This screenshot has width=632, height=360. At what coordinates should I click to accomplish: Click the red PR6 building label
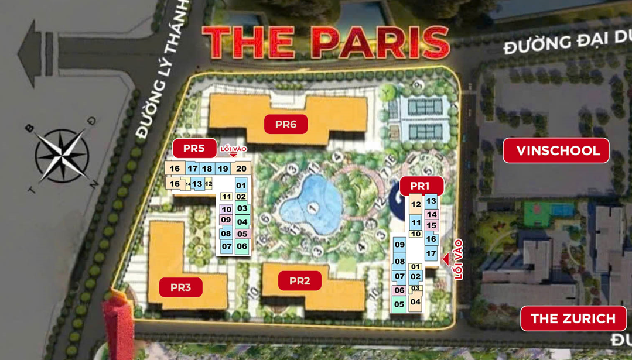click(x=286, y=124)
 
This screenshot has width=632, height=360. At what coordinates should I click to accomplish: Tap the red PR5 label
click(x=194, y=149)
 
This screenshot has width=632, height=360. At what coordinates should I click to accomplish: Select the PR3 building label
click(x=180, y=287)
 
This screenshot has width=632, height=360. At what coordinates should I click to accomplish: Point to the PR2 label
click(x=299, y=281)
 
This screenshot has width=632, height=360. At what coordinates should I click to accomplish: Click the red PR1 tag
click(x=421, y=186)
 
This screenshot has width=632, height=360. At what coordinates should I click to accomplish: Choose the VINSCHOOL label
click(x=556, y=151)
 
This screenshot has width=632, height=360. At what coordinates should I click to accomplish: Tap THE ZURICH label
click(x=573, y=319)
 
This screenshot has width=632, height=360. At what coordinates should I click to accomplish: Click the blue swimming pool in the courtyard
click(x=310, y=204)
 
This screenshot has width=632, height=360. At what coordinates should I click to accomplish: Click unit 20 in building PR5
click(x=241, y=169)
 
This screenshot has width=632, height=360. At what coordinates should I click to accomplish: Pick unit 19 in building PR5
click(x=223, y=169)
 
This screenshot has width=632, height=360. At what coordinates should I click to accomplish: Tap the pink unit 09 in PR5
click(x=226, y=220)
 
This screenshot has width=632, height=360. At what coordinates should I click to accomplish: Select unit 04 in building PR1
click(x=415, y=302)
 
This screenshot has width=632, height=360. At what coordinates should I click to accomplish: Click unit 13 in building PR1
click(x=431, y=201)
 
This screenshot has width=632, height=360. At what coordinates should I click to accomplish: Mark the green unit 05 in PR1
click(x=399, y=304)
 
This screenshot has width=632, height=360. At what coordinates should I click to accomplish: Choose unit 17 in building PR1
click(x=431, y=253)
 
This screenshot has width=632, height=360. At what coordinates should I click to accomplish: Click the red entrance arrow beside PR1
click(x=446, y=259)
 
